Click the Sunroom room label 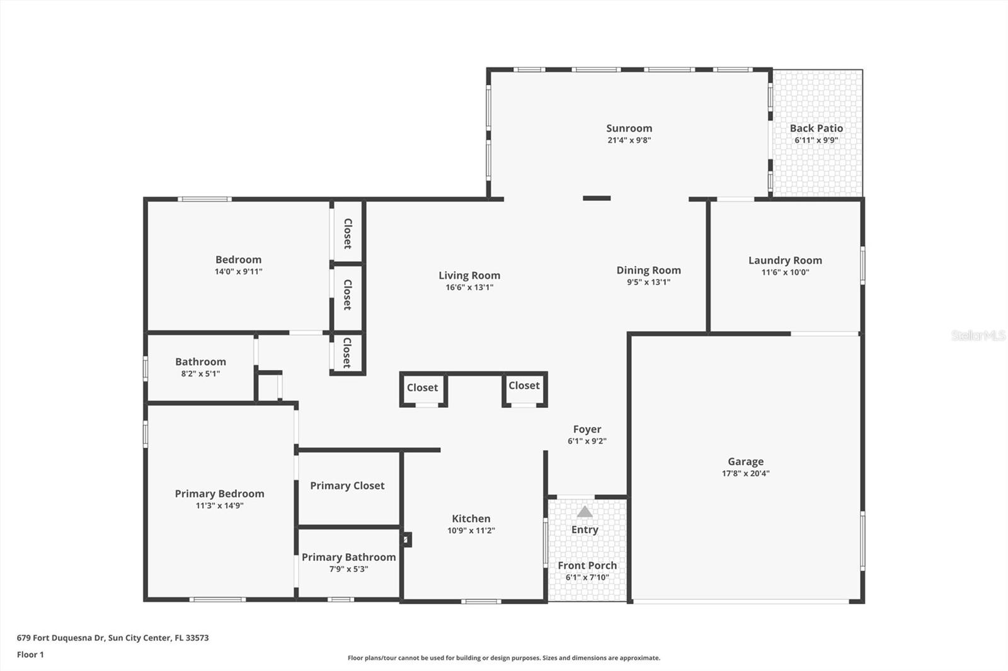click(629, 128)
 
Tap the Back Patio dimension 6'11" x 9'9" click(816, 140)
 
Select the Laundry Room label click(785, 260)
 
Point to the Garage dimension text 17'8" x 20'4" click(745, 473)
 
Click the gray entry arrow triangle click(585, 512)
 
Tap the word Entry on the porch click(585, 529)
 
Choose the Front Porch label click(587, 565)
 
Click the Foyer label click(587, 429)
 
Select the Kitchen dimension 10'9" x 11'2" click(471, 531)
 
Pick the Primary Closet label click(347, 485)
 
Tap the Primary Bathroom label click(348, 557)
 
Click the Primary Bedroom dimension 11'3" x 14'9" click(219, 505)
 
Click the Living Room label click(469, 275)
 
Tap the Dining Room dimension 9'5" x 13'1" click(648, 282)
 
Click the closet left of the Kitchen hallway click(422, 388)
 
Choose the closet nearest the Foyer click(524, 386)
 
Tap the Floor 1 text click(30, 655)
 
